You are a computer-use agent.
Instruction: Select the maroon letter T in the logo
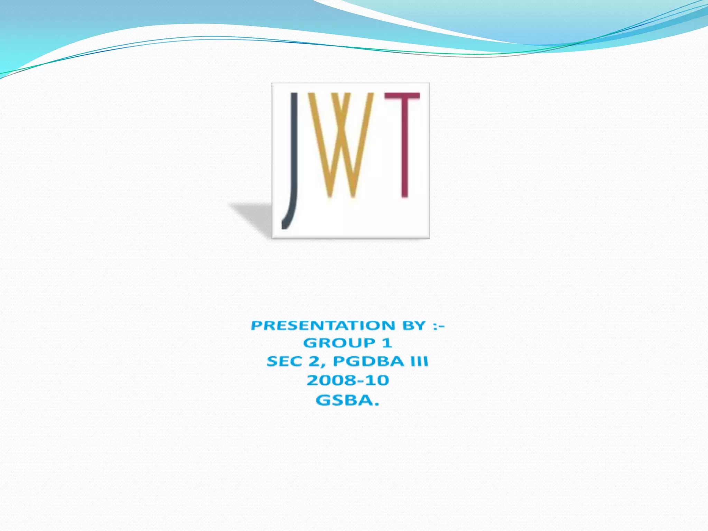[404, 145]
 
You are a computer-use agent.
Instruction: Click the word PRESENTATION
[323, 325]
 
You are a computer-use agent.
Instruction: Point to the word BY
[414, 325]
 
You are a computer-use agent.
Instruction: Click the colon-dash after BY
[438, 326]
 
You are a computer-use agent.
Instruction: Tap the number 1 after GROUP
[387, 343]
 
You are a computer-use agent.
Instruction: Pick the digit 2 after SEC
[314, 361]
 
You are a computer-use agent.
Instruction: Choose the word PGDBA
[368, 361]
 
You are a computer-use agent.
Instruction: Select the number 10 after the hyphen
[378, 380]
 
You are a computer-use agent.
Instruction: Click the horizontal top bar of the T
[402, 96]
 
